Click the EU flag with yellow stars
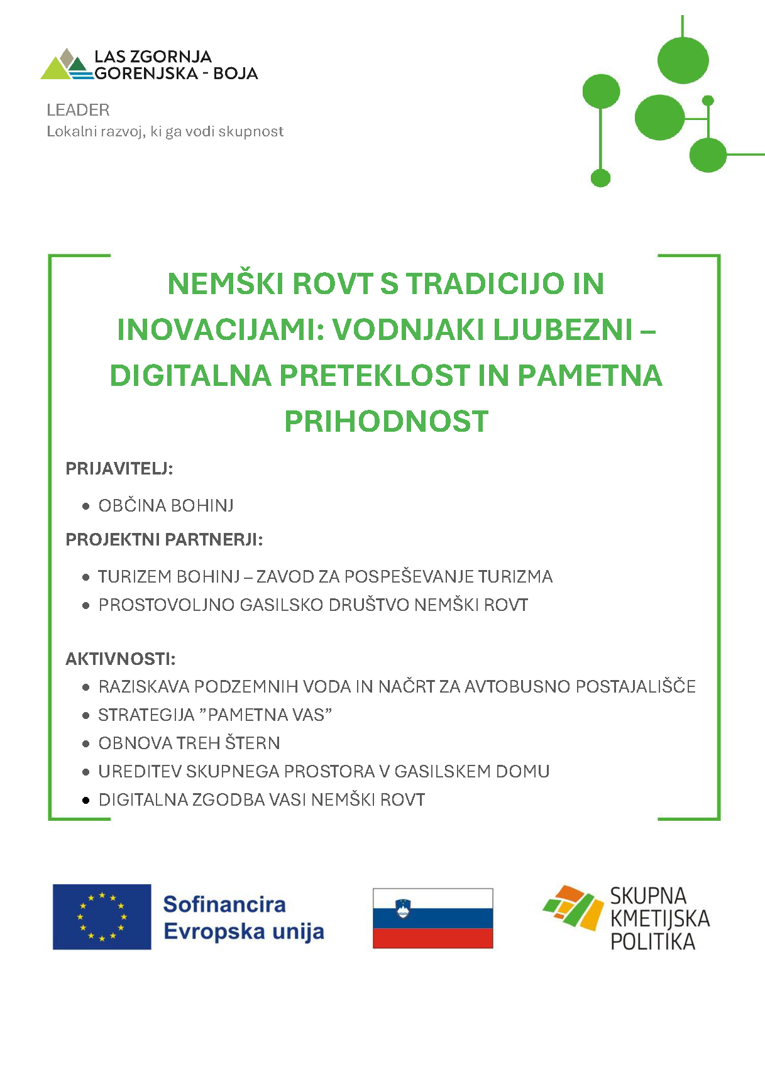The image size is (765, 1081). pyautogui.click(x=102, y=916)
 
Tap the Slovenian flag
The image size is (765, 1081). pyautogui.click(x=432, y=918)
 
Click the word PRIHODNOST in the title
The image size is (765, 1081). pyautogui.click(x=386, y=422)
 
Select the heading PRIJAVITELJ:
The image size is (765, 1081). pyautogui.click(x=119, y=468)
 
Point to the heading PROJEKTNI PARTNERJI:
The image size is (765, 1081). pyautogui.click(x=164, y=539)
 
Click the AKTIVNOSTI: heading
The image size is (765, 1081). pyautogui.click(x=120, y=659)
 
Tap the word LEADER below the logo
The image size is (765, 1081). pyautogui.click(x=78, y=110)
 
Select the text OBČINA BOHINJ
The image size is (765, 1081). pyautogui.click(x=166, y=505)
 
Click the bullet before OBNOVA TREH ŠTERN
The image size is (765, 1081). pyautogui.click(x=86, y=744)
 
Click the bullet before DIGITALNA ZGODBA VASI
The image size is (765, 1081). pyautogui.click(x=86, y=800)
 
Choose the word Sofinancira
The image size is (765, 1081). pyautogui.click(x=224, y=904)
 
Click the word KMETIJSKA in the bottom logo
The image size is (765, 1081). pyautogui.click(x=659, y=919)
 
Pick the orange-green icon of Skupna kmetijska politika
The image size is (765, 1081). pyautogui.click(x=573, y=907)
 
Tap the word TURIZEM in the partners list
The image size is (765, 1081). pyautogui.click(x=135, y=576)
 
